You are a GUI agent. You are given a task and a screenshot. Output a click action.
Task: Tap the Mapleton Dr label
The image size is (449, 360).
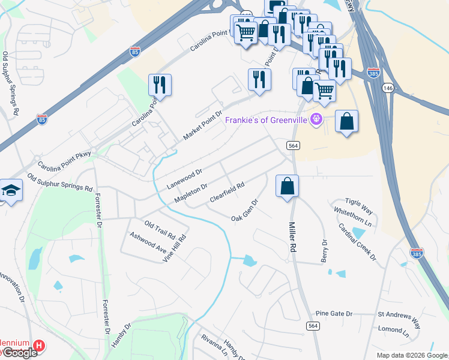tap(190, 193)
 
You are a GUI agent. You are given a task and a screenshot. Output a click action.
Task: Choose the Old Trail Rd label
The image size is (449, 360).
tap(159, 228)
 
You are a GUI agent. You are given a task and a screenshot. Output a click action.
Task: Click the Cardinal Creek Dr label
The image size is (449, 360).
tap(356, 242)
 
